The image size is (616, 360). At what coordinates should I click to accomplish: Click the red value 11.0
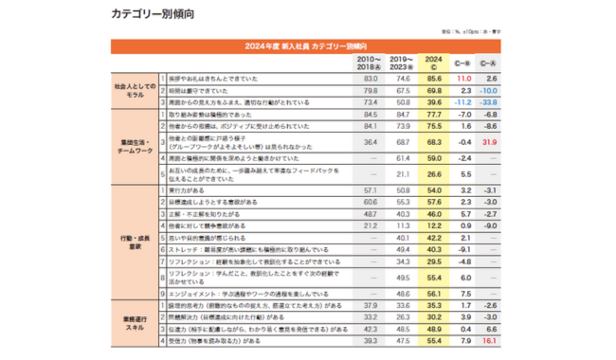coord(464,78)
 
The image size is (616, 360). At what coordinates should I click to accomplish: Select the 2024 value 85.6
coord(434,78)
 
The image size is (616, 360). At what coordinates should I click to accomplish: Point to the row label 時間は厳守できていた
coord(199,89)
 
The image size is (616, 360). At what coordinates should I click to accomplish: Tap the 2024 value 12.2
coord(434,225)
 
